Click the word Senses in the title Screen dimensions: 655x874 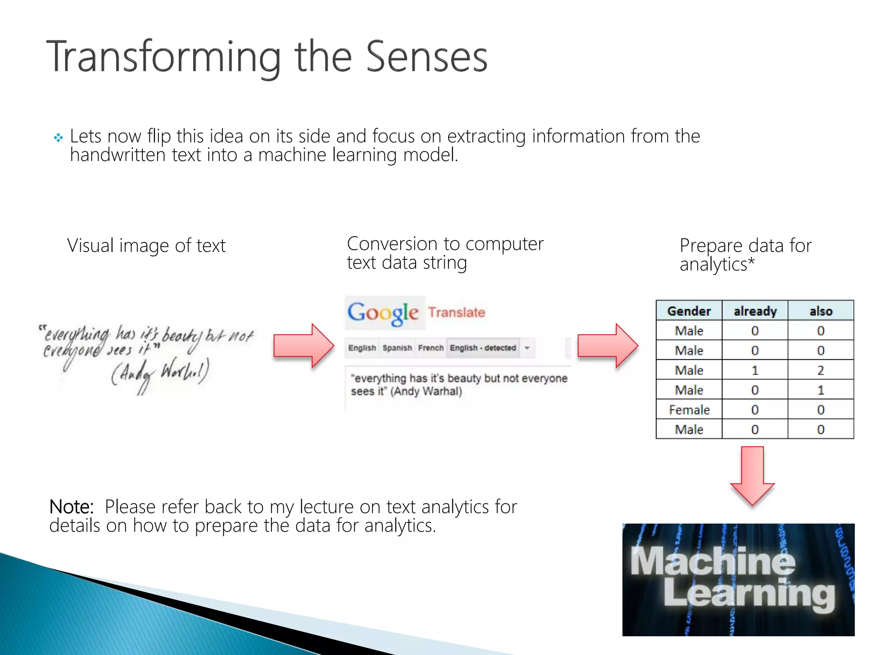click(x=426, y=57)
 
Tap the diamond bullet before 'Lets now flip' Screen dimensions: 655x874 click(x=58, y=138)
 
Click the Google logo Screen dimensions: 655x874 click(x=383, y=313)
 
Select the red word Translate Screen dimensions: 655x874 click(x=457, y=313)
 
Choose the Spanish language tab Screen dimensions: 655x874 click(x=397, y=348)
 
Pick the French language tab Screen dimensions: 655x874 click(x=431, y=348)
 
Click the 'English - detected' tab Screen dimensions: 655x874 click(x=483, y=348)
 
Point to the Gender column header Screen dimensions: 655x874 click(x=689, y=311)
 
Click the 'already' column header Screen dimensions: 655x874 click(x=755, y=311)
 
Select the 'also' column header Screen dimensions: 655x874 click(x=820, y=311)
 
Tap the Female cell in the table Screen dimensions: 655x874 click(x=689, y=410)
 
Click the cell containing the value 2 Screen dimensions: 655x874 click(x=820, y=370)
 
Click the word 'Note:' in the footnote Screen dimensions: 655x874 click(x=71, y=507)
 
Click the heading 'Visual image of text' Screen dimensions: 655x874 click(x=146, y=246)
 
